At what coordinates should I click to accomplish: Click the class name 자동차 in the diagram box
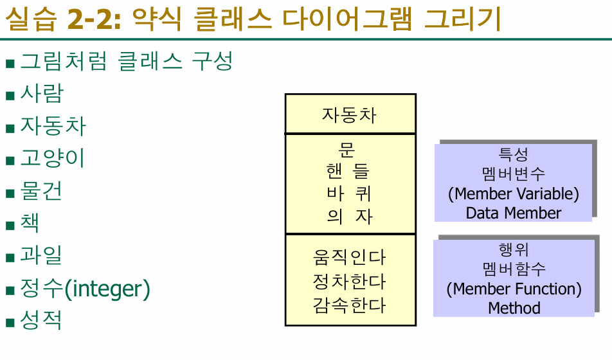point(350,115)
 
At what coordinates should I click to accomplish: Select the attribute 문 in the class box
point(347,150)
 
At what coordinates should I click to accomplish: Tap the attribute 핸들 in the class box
point(349,172)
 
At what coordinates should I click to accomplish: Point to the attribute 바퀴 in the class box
point(349,194)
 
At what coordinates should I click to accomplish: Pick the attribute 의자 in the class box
point(349,215)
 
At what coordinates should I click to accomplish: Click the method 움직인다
point(349,257)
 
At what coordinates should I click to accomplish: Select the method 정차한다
point(349,281)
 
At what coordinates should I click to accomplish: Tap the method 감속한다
point(349,304)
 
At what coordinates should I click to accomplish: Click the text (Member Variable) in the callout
point(513,193)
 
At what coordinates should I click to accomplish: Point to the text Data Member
point(513,213)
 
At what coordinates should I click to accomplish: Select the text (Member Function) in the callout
point(514,289)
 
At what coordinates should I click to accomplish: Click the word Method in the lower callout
point(514,308)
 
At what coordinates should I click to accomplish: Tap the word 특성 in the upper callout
point(513,154)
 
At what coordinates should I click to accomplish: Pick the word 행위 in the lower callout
point(514,249)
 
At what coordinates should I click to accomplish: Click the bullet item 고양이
point(52,158)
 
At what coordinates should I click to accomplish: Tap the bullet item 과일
point(41,255)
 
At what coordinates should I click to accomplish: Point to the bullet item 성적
point(41,320)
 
